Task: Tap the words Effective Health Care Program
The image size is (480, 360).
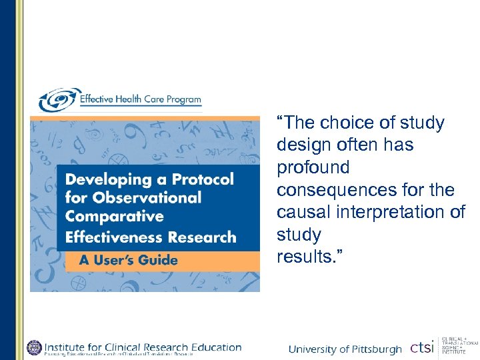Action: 140,100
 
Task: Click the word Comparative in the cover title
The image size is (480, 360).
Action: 114,217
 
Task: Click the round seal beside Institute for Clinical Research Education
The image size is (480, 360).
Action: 34,347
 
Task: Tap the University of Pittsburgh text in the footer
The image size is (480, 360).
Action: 345,349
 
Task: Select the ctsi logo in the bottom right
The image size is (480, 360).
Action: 422,347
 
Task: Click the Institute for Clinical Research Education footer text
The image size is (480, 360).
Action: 143,346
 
